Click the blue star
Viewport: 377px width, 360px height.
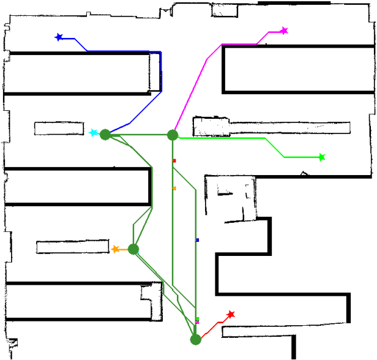(59, 37)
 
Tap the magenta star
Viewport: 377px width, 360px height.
(284, 31)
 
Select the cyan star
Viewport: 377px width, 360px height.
(93, 133)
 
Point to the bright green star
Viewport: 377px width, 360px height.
(321, 157)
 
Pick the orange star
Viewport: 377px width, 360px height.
(116, 249)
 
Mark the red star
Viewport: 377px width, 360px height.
(231, 315)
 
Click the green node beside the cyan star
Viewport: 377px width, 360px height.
(105, 134)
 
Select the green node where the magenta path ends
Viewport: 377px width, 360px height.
(173, 135)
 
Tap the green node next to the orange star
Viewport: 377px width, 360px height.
(133, 249)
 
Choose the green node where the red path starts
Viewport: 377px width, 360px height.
(196, 339)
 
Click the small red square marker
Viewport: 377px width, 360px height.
(174, 161)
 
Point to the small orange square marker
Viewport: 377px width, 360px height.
(174, 189)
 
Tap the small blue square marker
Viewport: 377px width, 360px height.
(197, 240)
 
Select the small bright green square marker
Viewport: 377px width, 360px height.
(197, 318)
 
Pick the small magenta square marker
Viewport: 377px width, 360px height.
(197, 322)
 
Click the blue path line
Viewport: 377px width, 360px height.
(161, 73)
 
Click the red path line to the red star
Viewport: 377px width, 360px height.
(211, 328)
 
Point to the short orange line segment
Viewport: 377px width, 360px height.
(124, 250)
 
